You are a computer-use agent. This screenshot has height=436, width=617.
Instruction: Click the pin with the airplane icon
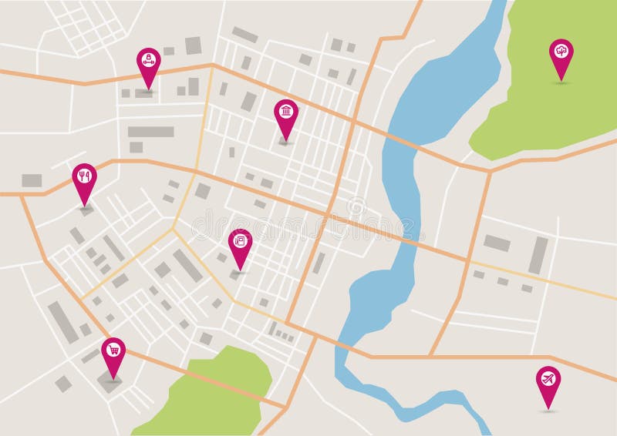point(548,380)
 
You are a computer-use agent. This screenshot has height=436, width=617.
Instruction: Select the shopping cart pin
point(113,350)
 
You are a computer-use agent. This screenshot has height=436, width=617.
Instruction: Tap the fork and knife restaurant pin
point(85,177)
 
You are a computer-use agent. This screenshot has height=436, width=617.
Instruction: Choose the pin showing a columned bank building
point(286,112)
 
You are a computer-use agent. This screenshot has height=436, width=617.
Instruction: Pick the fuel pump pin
point(241,242)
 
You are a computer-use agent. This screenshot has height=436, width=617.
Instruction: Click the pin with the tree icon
point(561,52)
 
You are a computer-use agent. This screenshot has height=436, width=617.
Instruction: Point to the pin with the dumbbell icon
point(148,61)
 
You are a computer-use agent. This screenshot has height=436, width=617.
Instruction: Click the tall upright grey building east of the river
point(538,255)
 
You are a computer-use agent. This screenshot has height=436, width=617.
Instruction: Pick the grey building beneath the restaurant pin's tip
point(86,209)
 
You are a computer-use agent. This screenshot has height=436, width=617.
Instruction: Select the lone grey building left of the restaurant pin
point(32,180)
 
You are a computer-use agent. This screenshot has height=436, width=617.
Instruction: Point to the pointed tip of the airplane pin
point(548,408)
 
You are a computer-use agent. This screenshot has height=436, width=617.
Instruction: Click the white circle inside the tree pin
point(561,50)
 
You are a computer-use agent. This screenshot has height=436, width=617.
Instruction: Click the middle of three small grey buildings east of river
point(503,281)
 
